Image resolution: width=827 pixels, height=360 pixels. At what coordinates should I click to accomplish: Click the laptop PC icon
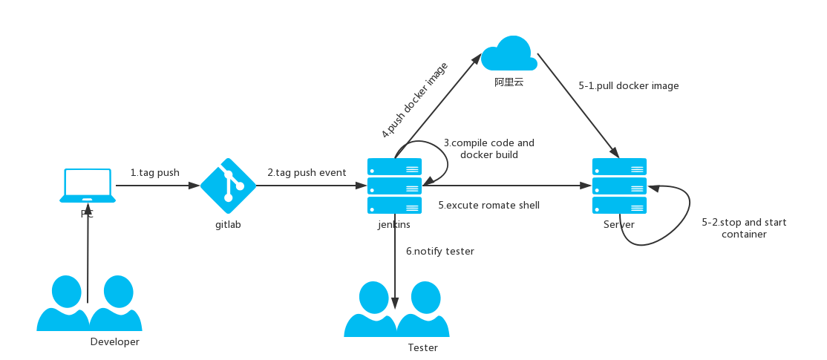click(88, 186)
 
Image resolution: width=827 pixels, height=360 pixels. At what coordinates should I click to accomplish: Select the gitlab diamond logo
click(228, 185)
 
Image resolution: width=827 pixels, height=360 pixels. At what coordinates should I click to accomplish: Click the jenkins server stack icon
click(394, 186)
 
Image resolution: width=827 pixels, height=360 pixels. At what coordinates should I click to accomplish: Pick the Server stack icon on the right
click(619, 186)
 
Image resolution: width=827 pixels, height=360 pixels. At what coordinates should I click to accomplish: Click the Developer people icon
click(89, 303)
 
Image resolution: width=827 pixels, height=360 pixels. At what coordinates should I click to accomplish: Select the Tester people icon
click(396, 309)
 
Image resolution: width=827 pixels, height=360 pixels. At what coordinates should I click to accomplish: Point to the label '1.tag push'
click(155, 172)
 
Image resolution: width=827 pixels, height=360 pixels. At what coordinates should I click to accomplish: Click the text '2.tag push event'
click(307, 172)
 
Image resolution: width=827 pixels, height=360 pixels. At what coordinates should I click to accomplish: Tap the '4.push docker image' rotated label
click(414, 100)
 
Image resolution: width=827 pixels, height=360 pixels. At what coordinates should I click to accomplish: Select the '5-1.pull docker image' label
click(629, 85)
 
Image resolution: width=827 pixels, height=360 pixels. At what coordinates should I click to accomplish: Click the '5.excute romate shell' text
click(489, 205)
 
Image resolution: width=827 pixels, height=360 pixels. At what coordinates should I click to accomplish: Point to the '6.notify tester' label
click(440, 252)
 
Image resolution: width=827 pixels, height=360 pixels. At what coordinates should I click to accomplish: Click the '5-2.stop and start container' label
click(744, 228)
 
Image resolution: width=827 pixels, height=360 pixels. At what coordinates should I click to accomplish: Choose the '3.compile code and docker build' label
click(489, 148)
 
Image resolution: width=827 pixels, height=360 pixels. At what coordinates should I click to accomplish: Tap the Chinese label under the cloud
click(509, 82)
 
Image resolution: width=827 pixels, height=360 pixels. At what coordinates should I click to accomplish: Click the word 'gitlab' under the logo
click(228, 225)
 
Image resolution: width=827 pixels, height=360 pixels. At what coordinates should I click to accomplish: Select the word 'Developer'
click(115, 341)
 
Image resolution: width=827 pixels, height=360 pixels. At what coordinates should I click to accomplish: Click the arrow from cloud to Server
click(578, 105)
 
